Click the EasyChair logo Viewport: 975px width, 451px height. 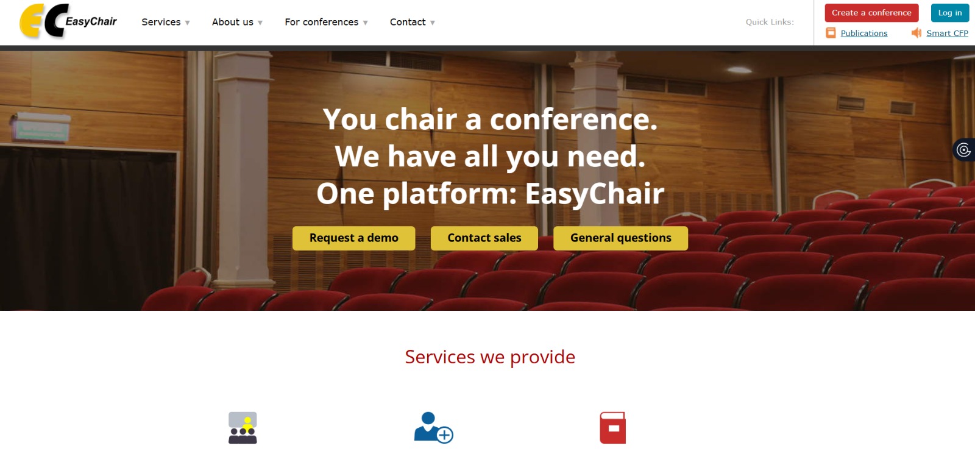click(68, 22)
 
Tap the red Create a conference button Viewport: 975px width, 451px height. click(871, 13)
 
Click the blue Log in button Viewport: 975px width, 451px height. click(949, 13)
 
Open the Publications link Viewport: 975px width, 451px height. click(863, 34)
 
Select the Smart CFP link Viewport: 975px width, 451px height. click(947, 34)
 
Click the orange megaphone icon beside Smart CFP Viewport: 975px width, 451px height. click(916, 33)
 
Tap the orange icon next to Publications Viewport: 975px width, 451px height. click(831, 33)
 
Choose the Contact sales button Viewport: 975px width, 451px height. click(484, 238)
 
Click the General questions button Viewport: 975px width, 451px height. click(620, 238)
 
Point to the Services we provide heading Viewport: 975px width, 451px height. click(490, 357)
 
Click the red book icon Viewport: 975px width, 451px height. click(612, 428)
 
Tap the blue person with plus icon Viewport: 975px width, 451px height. click(433, 428)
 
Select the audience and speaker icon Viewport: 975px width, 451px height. click(243, 428)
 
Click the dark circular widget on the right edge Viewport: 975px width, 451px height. click(963, 150)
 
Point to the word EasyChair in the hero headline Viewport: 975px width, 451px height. click(594, 194)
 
